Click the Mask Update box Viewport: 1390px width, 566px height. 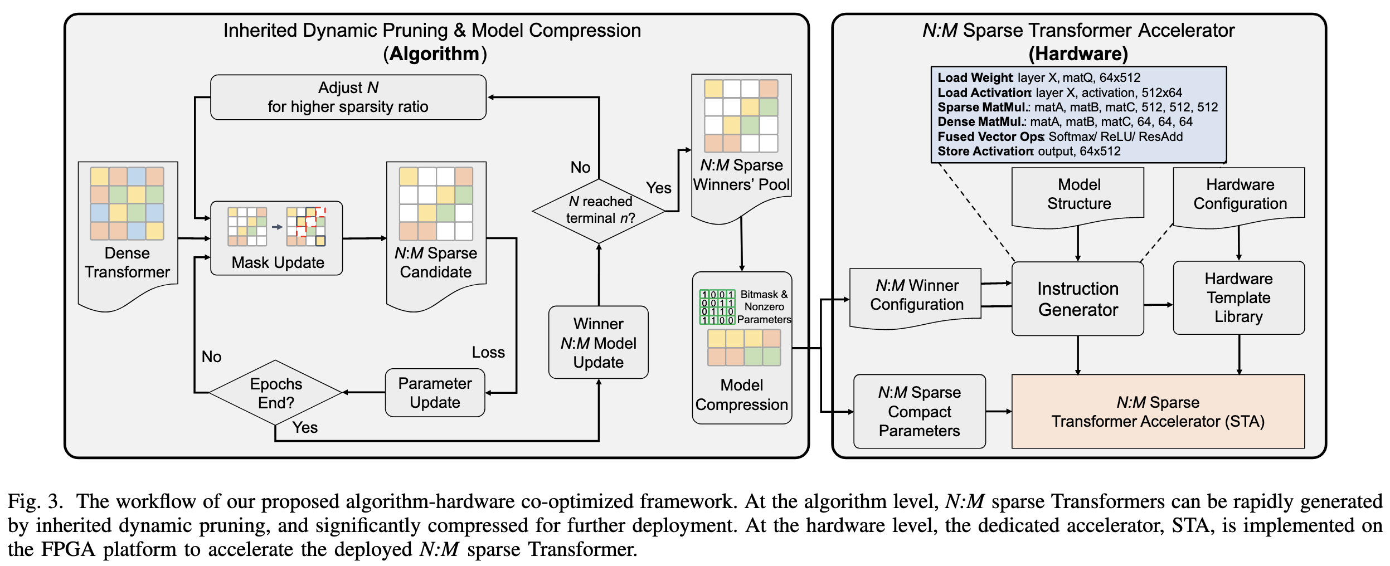[276, 238]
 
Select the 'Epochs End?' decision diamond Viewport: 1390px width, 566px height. [275, 393]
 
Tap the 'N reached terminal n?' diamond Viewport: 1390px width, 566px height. [599, 210]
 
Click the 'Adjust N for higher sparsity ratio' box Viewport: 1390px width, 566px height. [348, 97]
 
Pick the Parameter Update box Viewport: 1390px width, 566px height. [435, 393]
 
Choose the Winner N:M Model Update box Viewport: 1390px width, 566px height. [598, 343]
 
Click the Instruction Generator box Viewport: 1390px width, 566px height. [1077, 299]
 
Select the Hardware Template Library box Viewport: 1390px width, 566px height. [1238, 297]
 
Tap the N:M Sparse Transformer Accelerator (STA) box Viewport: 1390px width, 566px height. [1158, 412]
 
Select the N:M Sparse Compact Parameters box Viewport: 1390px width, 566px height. [919, 412]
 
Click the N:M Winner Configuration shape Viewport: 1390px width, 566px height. [916, 295]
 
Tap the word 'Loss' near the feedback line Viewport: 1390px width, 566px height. [488, 353]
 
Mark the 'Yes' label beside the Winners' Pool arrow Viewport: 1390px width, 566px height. [658, 188]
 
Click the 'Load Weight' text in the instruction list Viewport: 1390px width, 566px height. [974, 78]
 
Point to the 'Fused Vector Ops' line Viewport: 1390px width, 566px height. [990, 137]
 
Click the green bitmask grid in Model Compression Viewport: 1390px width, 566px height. [717, 307]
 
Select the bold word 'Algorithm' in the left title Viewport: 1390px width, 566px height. [434, 54]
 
